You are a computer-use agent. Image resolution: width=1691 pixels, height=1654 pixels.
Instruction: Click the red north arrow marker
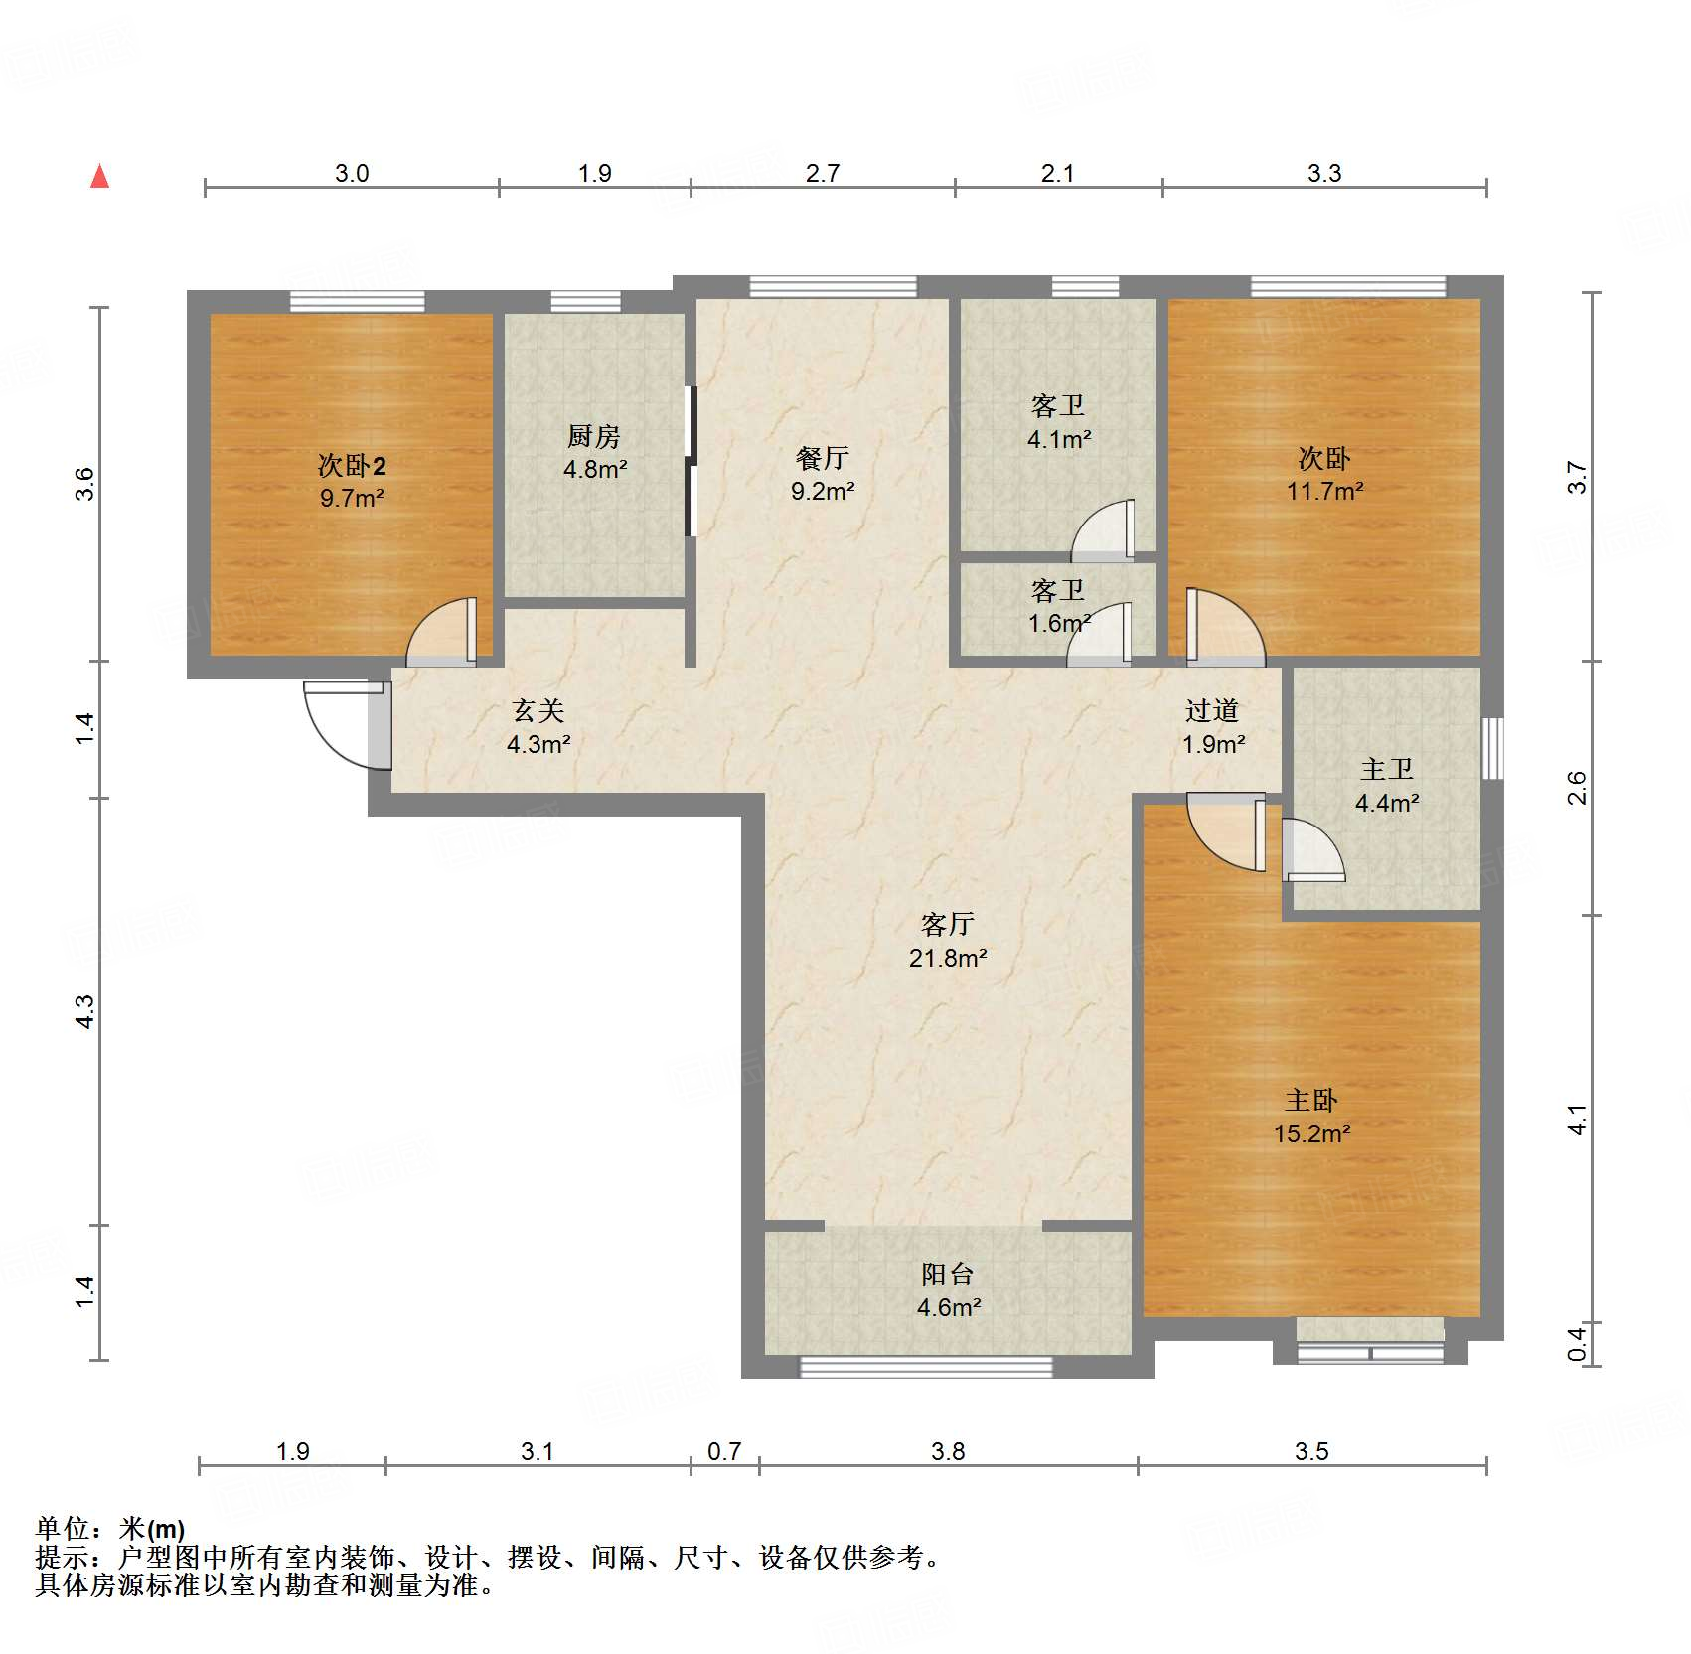click(99, 176)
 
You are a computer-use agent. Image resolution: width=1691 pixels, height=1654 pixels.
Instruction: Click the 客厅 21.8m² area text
click(948, 958)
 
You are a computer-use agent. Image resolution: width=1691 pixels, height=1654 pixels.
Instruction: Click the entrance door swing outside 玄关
click(343, 724)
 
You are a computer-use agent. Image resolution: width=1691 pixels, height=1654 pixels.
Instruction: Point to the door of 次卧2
click(441, 631)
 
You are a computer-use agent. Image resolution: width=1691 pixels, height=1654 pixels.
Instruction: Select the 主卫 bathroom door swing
click(1312, 849)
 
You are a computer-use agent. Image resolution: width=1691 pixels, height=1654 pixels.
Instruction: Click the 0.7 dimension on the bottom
click(724, 1451)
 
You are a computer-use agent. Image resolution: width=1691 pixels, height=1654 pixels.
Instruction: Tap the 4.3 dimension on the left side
click(85, 1011)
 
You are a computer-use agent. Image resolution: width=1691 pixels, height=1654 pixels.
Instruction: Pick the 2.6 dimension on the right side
click(1577, 788)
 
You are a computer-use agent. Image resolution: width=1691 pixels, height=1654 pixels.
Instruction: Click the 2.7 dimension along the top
click(823, 173)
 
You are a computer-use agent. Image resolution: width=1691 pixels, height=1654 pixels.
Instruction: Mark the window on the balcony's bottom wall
click(926, 1367)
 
